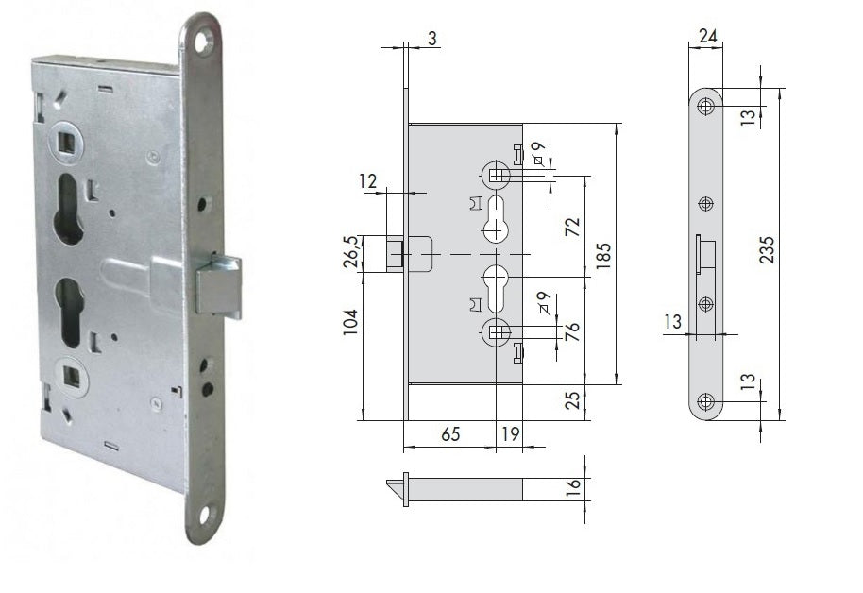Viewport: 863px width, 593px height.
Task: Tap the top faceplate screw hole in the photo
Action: tap(200, 41)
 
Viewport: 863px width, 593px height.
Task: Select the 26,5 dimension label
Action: tap(351, 253)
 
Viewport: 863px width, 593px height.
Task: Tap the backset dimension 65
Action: tap(450, 434)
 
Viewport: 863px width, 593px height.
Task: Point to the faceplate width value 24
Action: tap(707, 38)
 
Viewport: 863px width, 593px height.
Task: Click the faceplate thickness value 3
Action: tap(431, 38)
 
